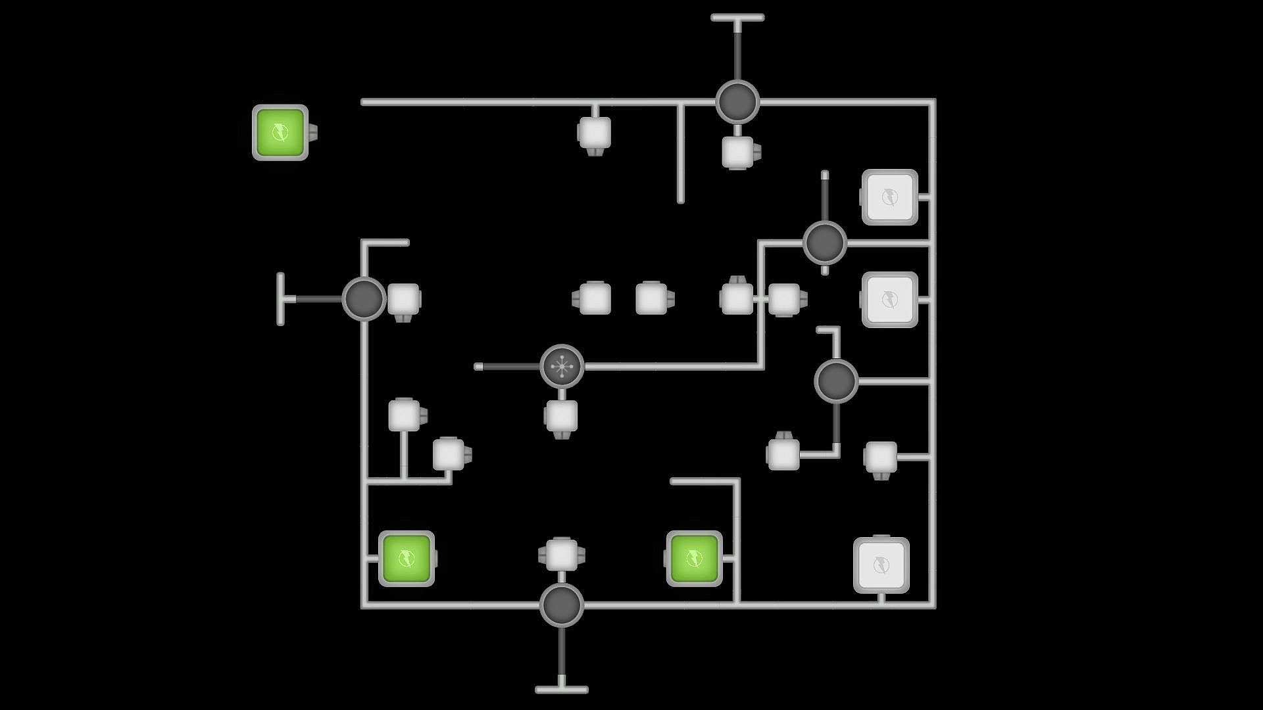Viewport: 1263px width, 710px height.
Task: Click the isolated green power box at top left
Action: tap(280, 132)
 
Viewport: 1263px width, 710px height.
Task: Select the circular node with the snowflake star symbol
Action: tap(562, 366)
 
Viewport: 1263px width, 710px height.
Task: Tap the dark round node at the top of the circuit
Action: tap(737, 102)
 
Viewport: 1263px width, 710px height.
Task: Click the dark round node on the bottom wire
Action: tap(562, 605)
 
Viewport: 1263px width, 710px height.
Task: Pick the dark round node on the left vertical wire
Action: tap(364, 298)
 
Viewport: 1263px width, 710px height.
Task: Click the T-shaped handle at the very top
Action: tap(737, 18)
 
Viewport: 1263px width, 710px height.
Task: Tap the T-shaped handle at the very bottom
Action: tap(562, 689)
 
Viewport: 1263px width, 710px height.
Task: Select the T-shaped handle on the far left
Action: tap(281, 298)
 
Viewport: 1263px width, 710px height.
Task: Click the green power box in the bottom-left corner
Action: tap(407, 559)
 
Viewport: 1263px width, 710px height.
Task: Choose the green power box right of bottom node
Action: tap(694, 559)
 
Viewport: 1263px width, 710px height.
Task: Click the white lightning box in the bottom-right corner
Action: tap(881, 565)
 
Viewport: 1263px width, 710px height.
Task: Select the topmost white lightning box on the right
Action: tap(889, 197)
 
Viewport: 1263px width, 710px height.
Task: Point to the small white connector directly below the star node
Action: tap(561, 417)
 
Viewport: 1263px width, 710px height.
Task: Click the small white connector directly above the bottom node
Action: tap(561, 554)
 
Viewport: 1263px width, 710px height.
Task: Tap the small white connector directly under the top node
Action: tap(738, 152)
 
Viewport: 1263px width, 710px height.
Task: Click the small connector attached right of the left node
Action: tap(403, 300)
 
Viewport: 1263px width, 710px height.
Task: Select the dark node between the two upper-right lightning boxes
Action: tap(825, 243)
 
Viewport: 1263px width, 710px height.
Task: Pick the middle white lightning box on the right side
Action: tap(889, 299)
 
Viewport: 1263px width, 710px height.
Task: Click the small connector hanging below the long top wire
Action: tap(594, 133)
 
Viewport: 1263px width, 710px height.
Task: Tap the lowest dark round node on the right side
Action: tap(836, 381)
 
